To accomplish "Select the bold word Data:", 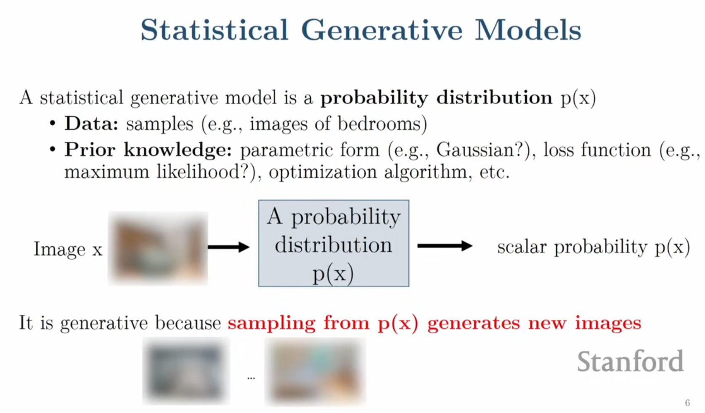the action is [x=91, y=123].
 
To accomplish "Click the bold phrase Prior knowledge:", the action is [x=148, y=150].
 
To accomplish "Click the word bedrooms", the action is [x=379, y=123].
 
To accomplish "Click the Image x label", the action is [x=68, y=249].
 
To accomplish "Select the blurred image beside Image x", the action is [x=158, y=248].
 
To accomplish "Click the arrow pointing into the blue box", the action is [x=229, y=247].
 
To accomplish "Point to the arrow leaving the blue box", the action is [x=445, y=246].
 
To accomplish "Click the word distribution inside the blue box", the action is [x=334, y=245].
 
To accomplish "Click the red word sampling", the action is [x=272, y=323].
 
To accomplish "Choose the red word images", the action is [x=608, y=323].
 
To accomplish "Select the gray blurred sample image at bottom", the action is [x=186, y=371].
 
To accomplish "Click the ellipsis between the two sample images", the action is [x=251, y=378].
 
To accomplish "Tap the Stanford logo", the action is [x=630, y=361].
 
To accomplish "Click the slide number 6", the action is [x=687, y=402].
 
